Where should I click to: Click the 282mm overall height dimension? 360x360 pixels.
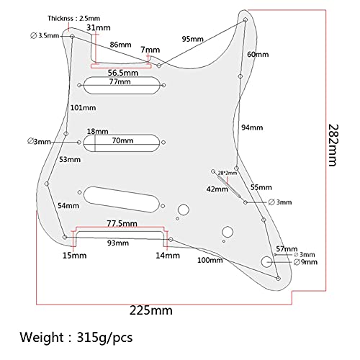point(333,145)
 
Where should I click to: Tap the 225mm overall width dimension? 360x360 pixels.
point(151,310)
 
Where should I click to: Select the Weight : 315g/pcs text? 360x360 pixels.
point(76,337)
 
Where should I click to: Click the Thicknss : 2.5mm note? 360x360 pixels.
point(73,19)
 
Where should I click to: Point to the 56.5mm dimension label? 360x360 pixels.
point(123,73)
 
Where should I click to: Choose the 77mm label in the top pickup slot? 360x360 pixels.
point(120,81)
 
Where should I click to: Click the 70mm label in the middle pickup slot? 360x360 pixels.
point(122,140)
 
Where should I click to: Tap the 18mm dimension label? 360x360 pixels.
point(97,132)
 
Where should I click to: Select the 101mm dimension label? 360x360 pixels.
point(83,108)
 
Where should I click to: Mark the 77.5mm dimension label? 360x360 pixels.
point(122,223)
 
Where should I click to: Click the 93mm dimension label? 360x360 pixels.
point(118,243)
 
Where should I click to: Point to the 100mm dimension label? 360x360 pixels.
point(210,260)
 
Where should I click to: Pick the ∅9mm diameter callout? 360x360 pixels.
point(305,262)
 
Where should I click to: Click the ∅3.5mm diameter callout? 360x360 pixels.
point(45,36)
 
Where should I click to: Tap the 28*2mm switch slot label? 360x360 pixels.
point(228,173)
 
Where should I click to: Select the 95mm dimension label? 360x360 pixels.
point(192,39)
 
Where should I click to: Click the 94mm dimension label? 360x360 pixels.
point(252,127)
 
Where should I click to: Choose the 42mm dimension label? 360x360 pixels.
point(217,189)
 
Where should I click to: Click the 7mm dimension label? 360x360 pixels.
point(150,50)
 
